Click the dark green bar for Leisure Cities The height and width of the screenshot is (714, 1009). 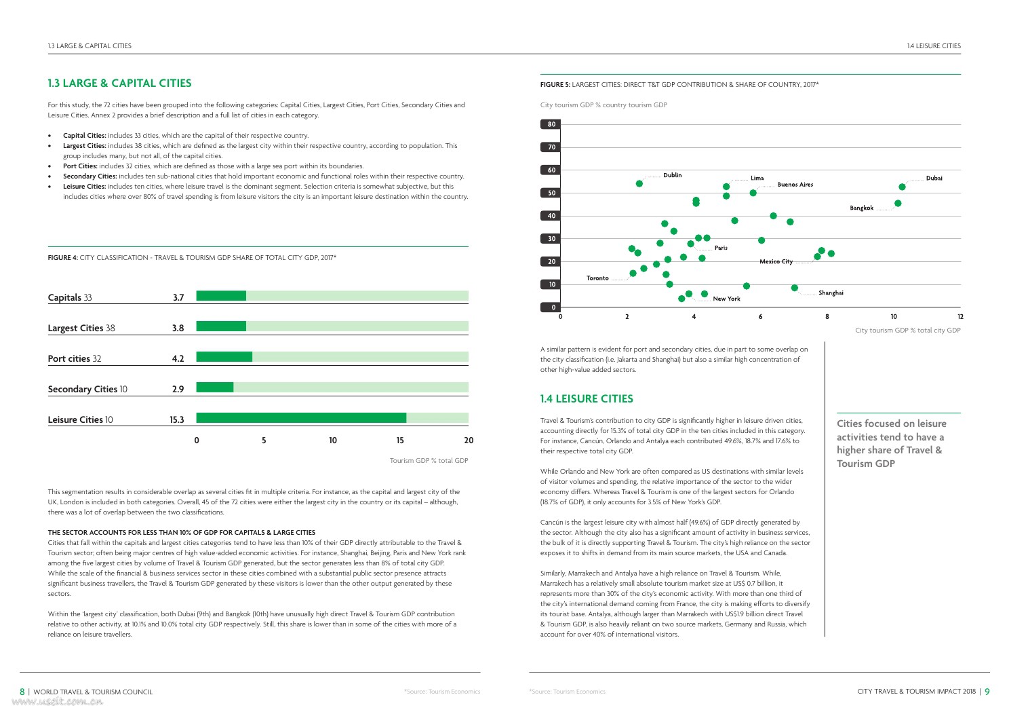tap(301, 418)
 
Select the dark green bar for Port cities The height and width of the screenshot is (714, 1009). tap(224, 357)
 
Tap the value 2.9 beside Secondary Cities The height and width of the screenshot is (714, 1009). tap(178, 389)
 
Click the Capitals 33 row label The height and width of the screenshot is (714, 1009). tap(70, 297)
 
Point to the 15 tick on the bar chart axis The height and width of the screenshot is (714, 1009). tap(400, 440)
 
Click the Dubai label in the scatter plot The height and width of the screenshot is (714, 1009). tap(934, 178)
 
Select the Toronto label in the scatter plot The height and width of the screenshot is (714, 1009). tap(597, 278)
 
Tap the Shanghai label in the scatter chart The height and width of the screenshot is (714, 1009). tap(831, 293)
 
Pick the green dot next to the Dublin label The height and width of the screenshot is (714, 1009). tap(639, 184)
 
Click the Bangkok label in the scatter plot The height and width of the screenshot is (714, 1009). tap(861, 208)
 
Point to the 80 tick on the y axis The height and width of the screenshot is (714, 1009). tap(551, 124)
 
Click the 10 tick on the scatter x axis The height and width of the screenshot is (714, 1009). tap(894, 317)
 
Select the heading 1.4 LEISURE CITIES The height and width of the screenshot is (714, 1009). tap(587, 399)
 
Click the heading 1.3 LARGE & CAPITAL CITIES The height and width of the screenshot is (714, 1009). tap(119, 83)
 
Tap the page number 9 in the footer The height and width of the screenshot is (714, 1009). tap(987, 692)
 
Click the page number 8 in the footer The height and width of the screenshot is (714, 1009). tap(22, 692)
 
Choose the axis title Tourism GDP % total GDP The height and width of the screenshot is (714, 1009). tap(429, 461)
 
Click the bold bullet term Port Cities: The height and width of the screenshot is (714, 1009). tap(80, 166)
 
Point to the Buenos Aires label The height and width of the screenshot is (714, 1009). tap(795, 185)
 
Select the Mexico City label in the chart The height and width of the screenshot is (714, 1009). tap(776, 262)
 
